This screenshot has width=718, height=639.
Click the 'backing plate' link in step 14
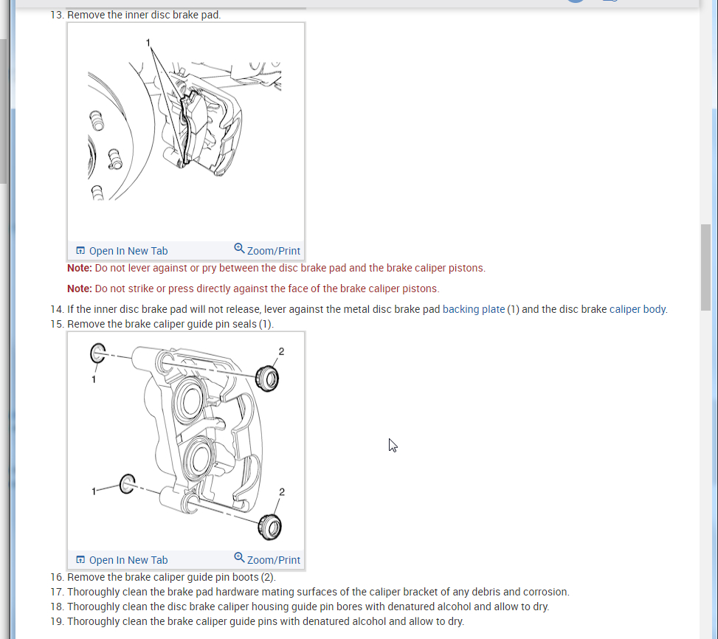474,309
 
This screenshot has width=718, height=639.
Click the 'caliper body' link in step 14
638,309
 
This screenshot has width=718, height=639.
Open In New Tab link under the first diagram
122,251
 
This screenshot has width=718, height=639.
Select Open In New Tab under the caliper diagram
122,560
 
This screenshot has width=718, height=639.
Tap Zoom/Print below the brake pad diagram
267,251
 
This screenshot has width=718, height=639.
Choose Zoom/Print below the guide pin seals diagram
267,560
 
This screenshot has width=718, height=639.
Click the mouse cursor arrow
393,445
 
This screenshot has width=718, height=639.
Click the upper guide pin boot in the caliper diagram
267,378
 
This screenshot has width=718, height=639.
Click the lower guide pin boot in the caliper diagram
271,527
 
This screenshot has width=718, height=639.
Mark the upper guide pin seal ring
97,353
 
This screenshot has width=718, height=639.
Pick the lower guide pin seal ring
127,484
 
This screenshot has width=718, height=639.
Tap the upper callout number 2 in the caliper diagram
281,351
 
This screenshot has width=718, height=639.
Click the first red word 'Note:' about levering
80,268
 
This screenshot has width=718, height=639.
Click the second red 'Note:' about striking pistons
80,289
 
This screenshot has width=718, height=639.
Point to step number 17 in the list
57,592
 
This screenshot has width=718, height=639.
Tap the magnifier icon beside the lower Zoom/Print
239,558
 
